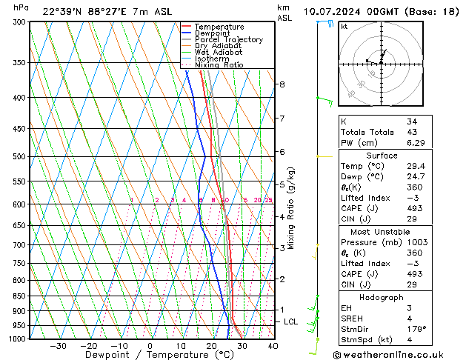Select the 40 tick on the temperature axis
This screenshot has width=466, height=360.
[x=273, y=346]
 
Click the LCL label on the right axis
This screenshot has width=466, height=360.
[x=291, y=322]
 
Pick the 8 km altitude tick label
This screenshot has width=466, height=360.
[x=282, y=84]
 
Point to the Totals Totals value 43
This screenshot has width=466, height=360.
[x=412, y=132]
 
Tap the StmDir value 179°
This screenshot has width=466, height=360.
[x=417, y=329]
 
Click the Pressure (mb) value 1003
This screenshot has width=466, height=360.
[x=417, y=242]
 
